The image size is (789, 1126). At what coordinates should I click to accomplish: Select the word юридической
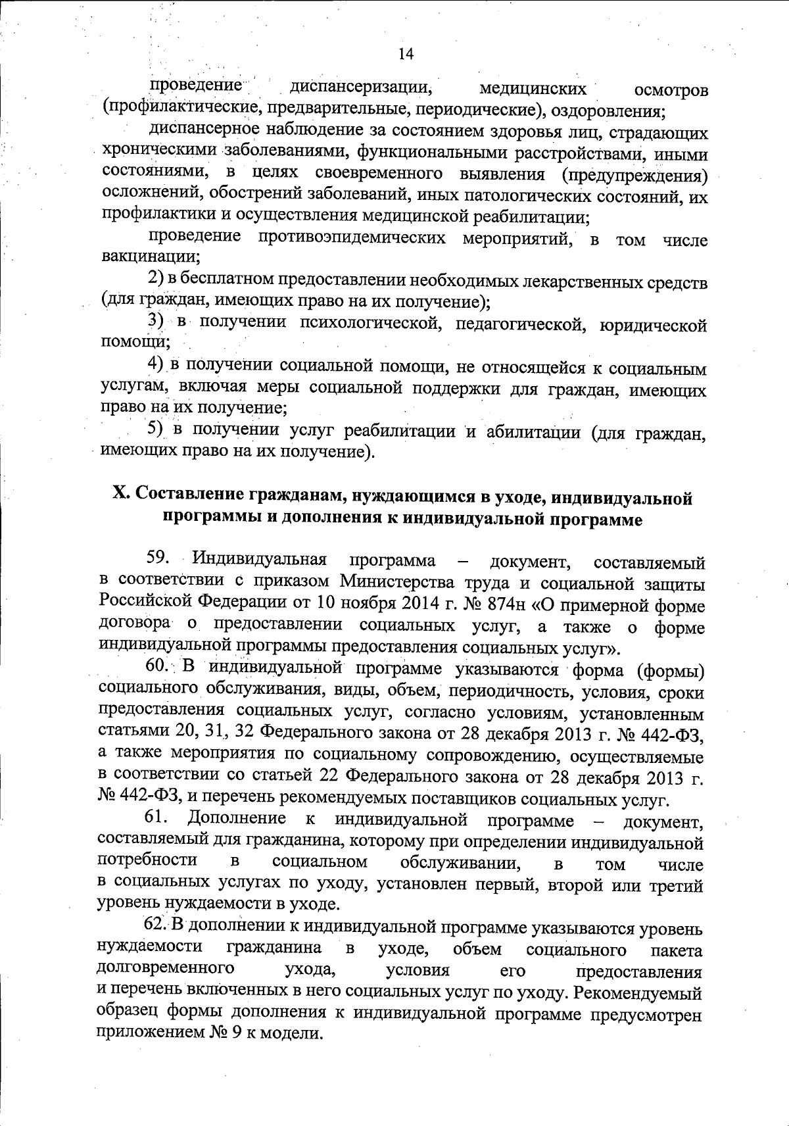[654, 325]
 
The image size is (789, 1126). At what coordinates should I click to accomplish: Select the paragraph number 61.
[158, 818]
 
